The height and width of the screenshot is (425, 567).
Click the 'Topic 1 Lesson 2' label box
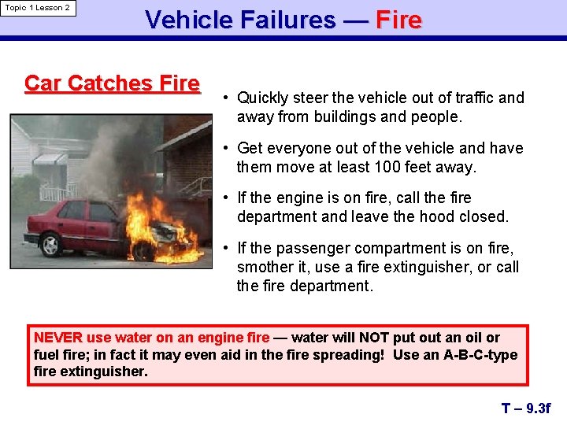pyautogui.click(x=38, y=8)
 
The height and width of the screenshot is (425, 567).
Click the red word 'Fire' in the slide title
pyautogui.click(x=398, y=20)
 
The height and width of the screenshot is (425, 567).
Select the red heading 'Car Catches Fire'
pyautogui.click(x=112, y=83)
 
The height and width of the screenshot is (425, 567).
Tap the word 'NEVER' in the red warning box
pyautogui.click(x=57, y=338)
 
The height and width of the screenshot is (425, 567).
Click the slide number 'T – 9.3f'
pyautogui.click(x=526, y=408)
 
